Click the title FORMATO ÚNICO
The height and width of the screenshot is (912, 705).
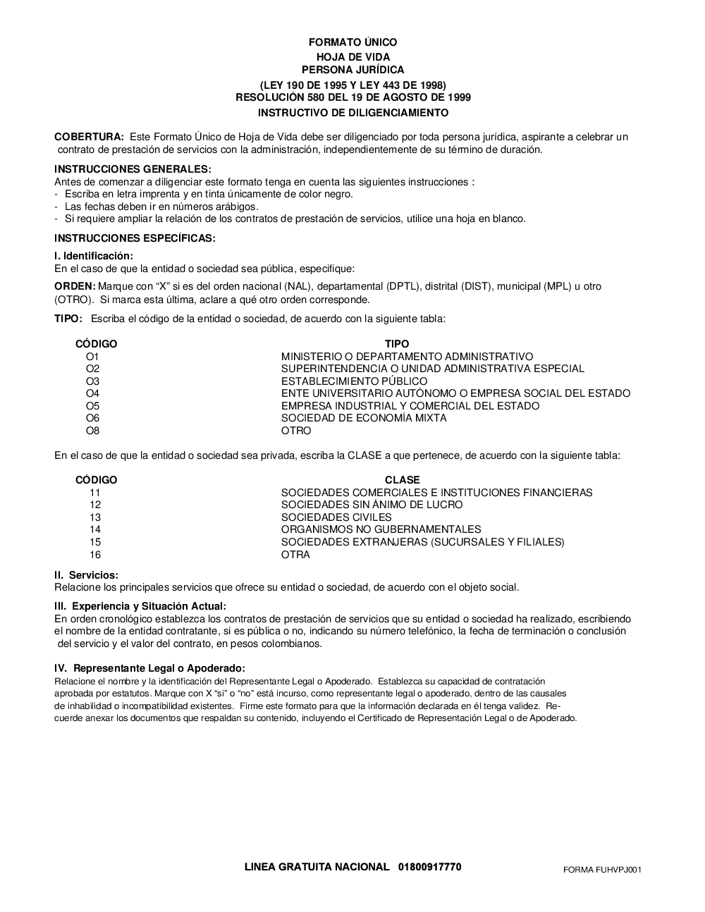point(352,42)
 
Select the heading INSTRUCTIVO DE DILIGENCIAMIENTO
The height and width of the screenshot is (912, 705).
point(352,113)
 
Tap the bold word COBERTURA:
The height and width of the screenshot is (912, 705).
point(89,137)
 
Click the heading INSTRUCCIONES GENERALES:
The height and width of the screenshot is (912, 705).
point(133,169)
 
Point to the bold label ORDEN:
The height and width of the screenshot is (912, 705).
point(75,286)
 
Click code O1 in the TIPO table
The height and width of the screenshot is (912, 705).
point(92,357)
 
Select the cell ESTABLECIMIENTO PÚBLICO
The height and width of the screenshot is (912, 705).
point(354,381)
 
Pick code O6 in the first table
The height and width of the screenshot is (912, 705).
point(92,418)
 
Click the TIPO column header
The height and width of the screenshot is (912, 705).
point(397,344)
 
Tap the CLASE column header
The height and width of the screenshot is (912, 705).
point(402,480)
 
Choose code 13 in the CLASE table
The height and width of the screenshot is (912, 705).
point(95,517)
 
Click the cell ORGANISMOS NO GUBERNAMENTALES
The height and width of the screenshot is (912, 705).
point(381,529)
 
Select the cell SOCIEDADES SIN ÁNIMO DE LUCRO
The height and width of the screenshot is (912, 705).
point(372,505)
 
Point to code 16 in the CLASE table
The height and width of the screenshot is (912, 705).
point(95,555)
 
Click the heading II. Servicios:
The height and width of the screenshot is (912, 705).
point(86,575)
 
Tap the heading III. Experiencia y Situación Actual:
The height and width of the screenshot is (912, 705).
point(140,606)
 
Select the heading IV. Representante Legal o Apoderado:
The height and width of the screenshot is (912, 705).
point(149,668)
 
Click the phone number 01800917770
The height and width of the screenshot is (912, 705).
point(429,866)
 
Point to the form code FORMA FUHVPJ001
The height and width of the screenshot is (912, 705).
point(602,870)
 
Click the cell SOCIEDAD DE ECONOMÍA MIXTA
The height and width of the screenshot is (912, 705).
point(364,418)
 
